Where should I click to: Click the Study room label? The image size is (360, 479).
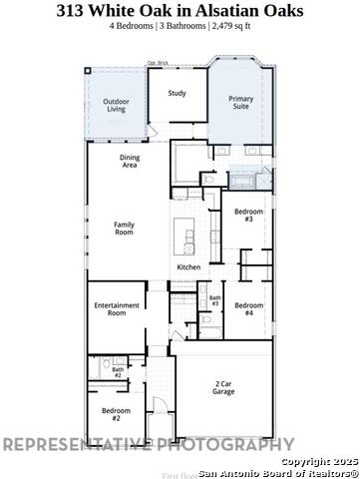point(177,94)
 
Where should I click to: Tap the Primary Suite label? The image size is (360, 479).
point(240,102)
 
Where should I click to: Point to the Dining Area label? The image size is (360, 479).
point(130,162)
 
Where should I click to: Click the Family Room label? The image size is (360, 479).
point(124,229)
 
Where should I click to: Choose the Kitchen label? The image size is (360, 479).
point(189,267)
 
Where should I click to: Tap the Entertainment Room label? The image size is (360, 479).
point(110,308)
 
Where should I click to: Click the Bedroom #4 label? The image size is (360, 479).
point(249,308)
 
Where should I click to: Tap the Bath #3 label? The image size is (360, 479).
point(214,299)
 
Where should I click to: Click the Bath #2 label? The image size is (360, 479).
point(118,372)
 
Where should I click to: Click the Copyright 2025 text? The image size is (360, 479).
point(318,462)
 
